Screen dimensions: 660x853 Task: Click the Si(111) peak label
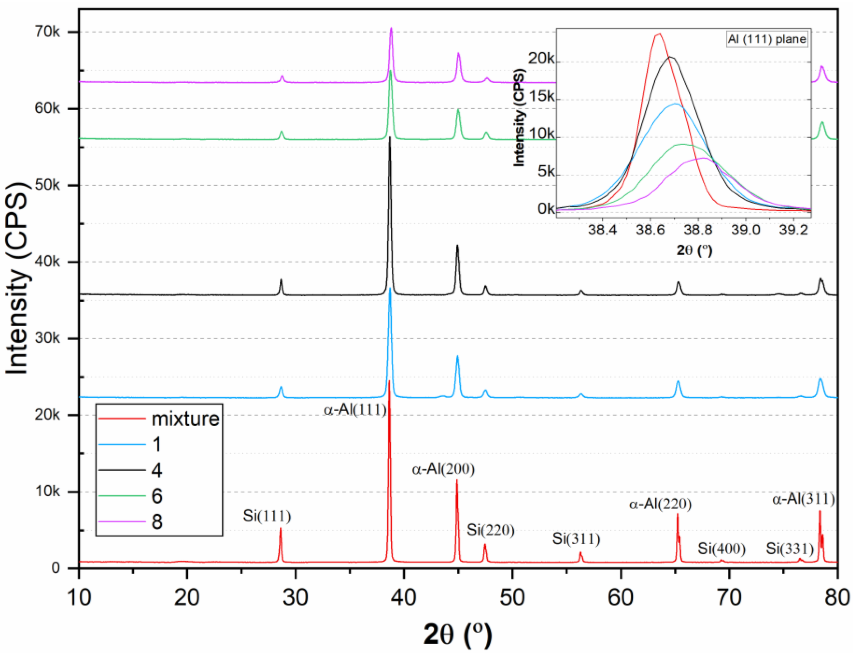coord(267,516)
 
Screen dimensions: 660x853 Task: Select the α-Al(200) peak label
coord(443,469)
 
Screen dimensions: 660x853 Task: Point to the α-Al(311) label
coord(804,499)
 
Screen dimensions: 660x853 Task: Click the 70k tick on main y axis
coord(47,32)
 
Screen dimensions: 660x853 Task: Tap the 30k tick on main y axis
coord(47,338)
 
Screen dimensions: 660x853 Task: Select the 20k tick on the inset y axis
coord(541,59)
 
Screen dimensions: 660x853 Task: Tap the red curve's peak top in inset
coord(659,34)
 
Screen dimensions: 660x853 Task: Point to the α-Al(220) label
coord(660,504)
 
